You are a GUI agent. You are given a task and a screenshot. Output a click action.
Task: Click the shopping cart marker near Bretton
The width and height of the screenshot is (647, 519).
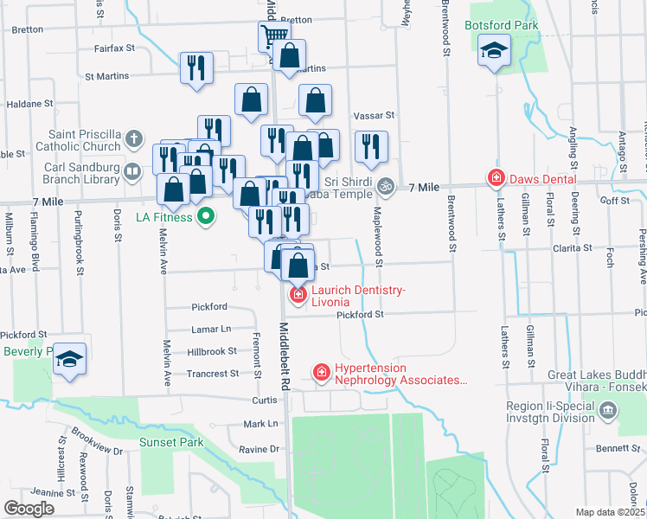[x=274, y=36]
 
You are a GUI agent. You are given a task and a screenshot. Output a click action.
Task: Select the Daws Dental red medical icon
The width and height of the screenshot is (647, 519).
[x=496, y=179]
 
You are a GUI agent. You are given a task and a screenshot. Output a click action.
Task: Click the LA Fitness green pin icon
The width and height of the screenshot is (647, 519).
[x=206, y=216]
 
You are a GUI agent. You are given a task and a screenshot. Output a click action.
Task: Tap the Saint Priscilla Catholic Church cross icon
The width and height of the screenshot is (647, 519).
[x=133, y=138]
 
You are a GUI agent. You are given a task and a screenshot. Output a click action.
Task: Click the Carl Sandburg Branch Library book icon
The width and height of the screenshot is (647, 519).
[x=132, y=170]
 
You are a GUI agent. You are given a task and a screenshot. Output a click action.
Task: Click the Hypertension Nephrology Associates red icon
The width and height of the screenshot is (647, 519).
[x=322, y=372]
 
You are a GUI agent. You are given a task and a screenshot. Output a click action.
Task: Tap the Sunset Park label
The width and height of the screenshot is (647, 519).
[x=171, y=443]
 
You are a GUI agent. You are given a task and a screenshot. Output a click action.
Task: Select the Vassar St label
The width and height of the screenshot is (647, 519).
[x=374, y=114]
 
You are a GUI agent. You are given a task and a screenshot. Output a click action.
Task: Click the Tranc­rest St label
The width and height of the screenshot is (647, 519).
[x=212, y=374]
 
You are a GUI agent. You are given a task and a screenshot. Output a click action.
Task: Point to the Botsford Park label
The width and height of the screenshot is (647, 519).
[x=502, y=25]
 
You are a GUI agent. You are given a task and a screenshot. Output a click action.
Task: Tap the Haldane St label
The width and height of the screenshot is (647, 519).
[x=30, y=104]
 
